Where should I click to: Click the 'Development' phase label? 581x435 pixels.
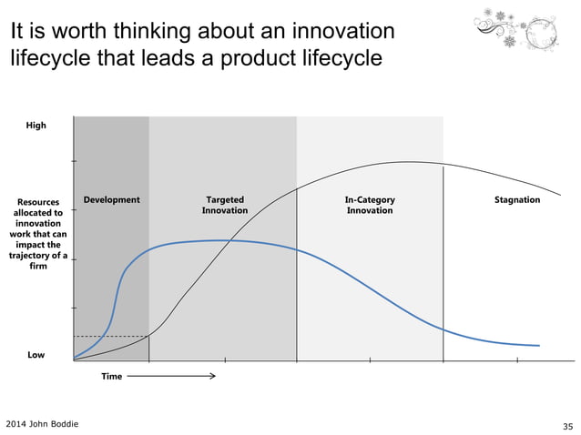pyautogui.click(x=111, y=199)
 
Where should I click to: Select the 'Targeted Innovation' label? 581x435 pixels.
pyautogui.click(x=224, y=205)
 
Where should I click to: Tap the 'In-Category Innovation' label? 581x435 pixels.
pyautogui.click(x=370, y=205)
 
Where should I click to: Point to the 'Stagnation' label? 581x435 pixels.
pyautogui.click(x=516, y=199)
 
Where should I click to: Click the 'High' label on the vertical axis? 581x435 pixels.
pyautogui.click(x=36, y=126)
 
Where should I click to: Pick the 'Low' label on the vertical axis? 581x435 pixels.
pyautogui.click(x=36, y=355)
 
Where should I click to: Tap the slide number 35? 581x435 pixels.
pyautogui.click(x=568, y=425)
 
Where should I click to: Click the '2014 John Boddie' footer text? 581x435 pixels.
pyautogui.click(x=42, y=424)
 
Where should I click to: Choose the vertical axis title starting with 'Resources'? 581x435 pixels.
pyautogui.click(x=38, y=233)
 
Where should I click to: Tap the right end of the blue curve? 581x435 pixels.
pyautogui.click(x=539, y=346)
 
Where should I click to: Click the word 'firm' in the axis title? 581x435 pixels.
pyautogui.click(x=38, y=267)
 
